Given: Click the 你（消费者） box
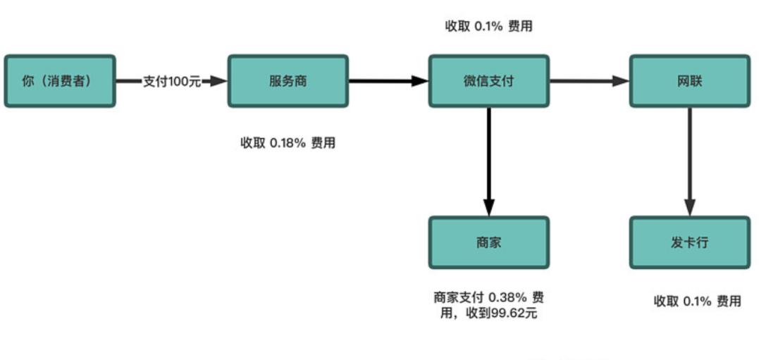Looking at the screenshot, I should (59, 81).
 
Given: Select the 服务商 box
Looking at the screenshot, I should (287, 81).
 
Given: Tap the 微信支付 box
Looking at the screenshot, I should (488, 81).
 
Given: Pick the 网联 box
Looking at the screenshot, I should (689, 81).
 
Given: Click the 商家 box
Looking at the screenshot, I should (488, 242).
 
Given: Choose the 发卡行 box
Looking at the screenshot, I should (689, 242).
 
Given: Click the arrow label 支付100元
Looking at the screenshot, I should (172, 81).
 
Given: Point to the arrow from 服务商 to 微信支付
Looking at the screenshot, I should (388, 81).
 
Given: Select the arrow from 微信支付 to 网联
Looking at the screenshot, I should (588, 81).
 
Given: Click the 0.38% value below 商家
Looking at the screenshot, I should (508, 297).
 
